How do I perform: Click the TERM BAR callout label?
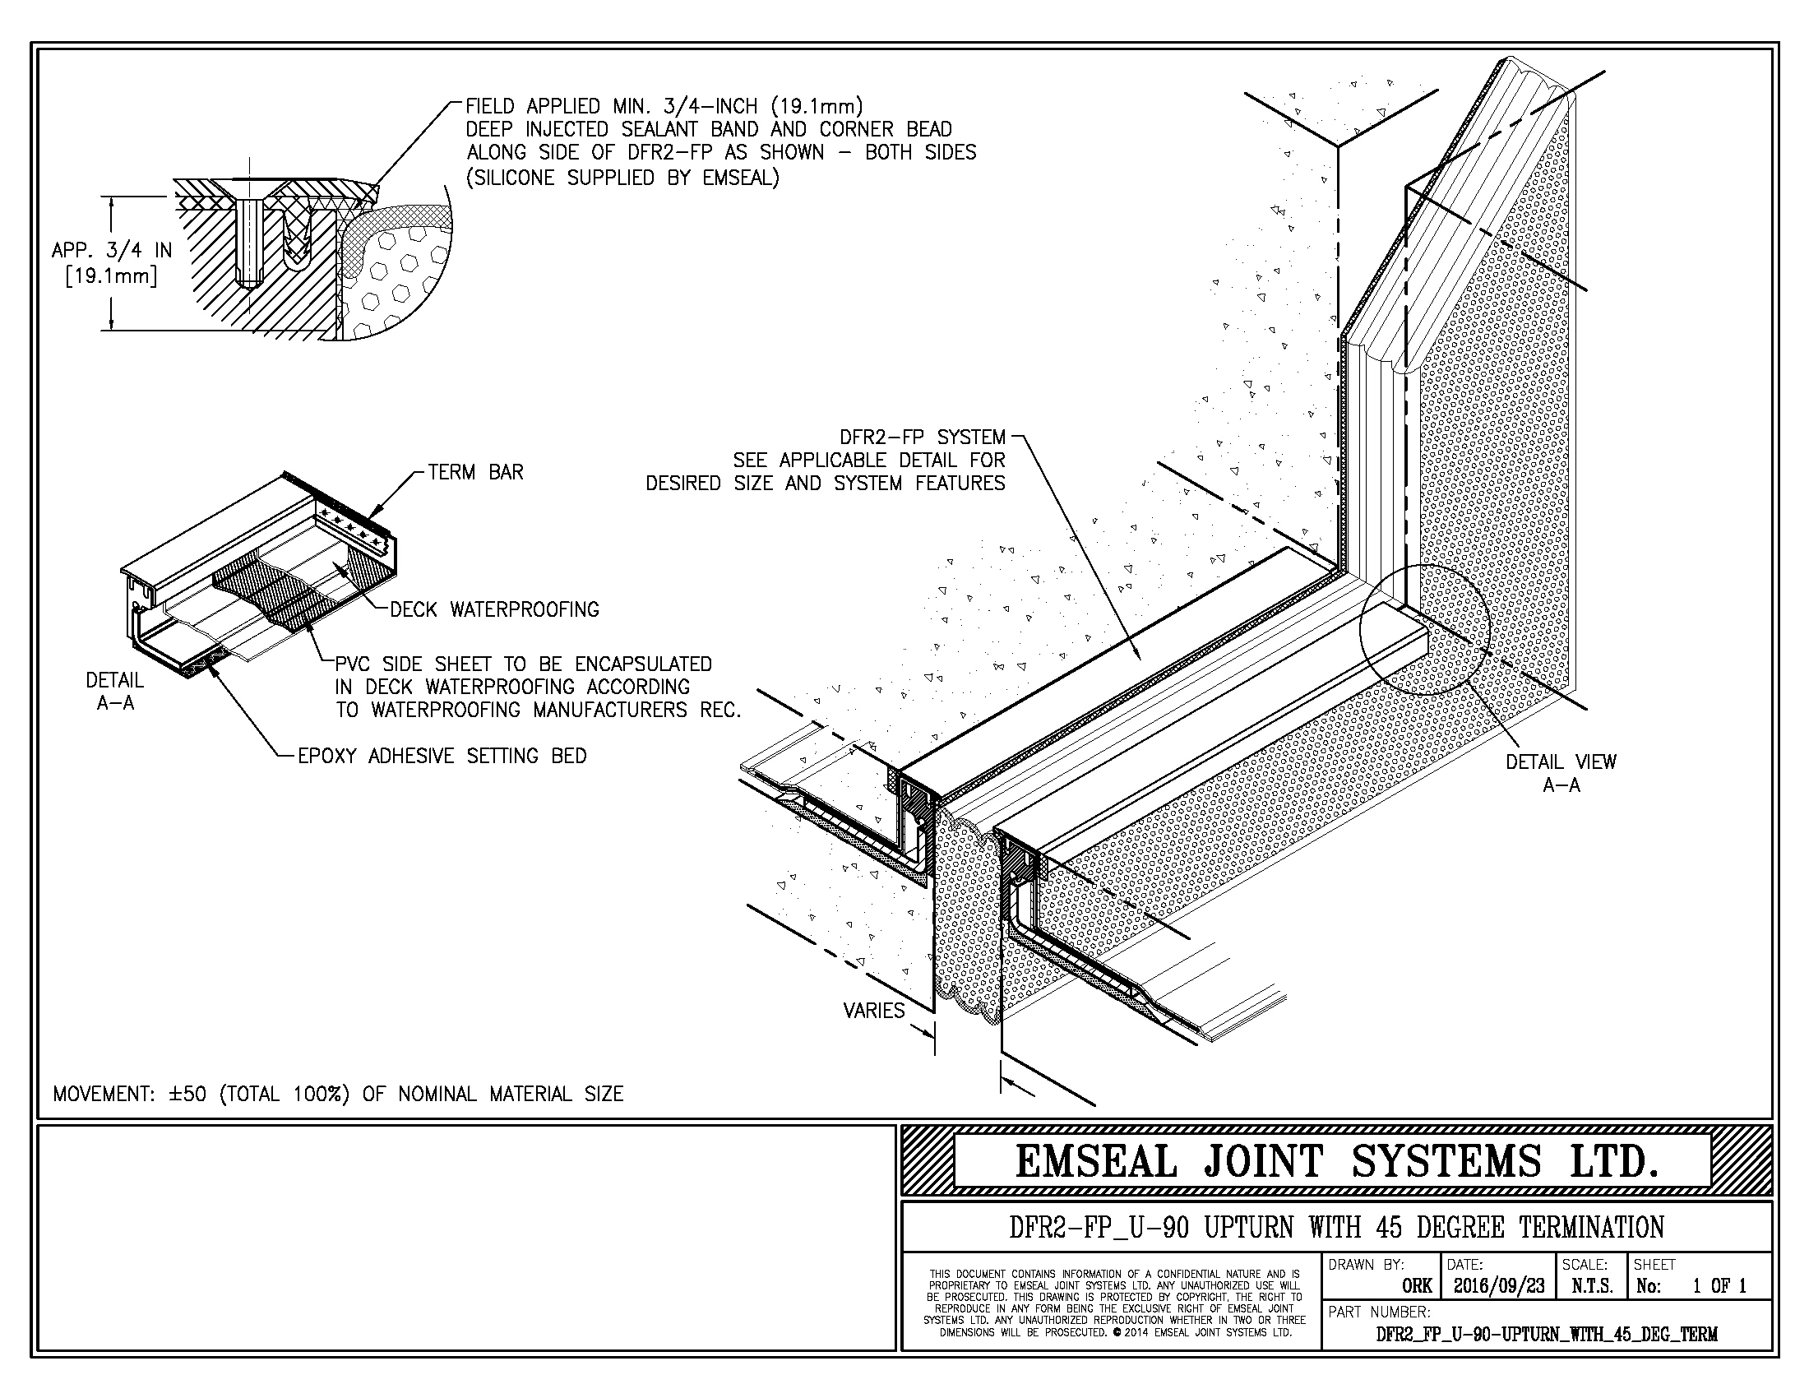tap(475, 473)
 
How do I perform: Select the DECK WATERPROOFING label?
tap(493, 610)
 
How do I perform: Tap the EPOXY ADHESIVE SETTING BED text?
tap(442, 756)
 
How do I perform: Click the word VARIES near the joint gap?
tap(873, 1011)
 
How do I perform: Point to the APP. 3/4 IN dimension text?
tap(112, 250)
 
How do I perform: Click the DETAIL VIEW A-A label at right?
tap(1561, 773)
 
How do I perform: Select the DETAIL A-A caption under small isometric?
tap(115, 692)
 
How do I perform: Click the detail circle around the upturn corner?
tap(1425, 629)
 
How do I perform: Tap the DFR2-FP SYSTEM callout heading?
tap(922, 437)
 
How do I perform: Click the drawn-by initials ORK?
tap(1417, 1286)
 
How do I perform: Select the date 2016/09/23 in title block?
tap(1498, 1286)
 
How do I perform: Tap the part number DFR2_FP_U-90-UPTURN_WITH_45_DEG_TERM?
tap(1547, 1334)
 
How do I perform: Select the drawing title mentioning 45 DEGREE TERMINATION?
tap(1336, 1227)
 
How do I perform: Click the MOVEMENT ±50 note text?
tap(338, 1094)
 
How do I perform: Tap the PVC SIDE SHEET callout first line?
tap(523, 664)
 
